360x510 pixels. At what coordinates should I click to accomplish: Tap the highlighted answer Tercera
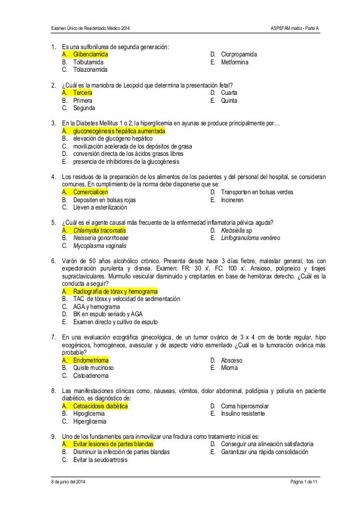tap(83, 92)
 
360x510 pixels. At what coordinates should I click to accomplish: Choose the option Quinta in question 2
tap(230, 100)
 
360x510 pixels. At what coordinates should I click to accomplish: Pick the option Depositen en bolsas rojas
tap(104, 200)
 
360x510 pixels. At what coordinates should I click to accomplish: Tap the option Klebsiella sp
tap(236, 230)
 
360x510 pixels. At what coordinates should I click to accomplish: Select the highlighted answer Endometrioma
tap(91, 360)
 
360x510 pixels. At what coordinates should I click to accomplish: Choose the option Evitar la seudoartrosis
tap(100, 460)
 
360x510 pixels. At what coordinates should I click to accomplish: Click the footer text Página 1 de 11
tap(302, 480)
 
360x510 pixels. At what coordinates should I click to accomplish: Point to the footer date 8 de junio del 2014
tap(69, 480)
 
